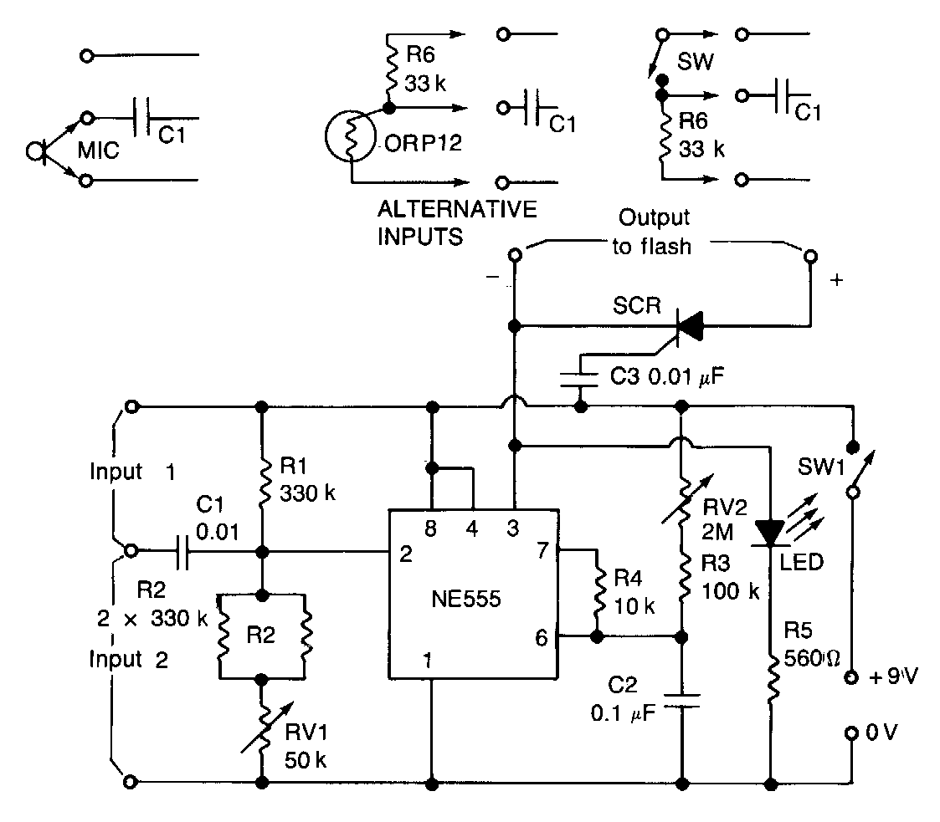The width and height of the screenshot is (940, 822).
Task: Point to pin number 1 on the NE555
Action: (428, 661)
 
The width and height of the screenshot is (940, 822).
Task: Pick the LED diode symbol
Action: (768, 532)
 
